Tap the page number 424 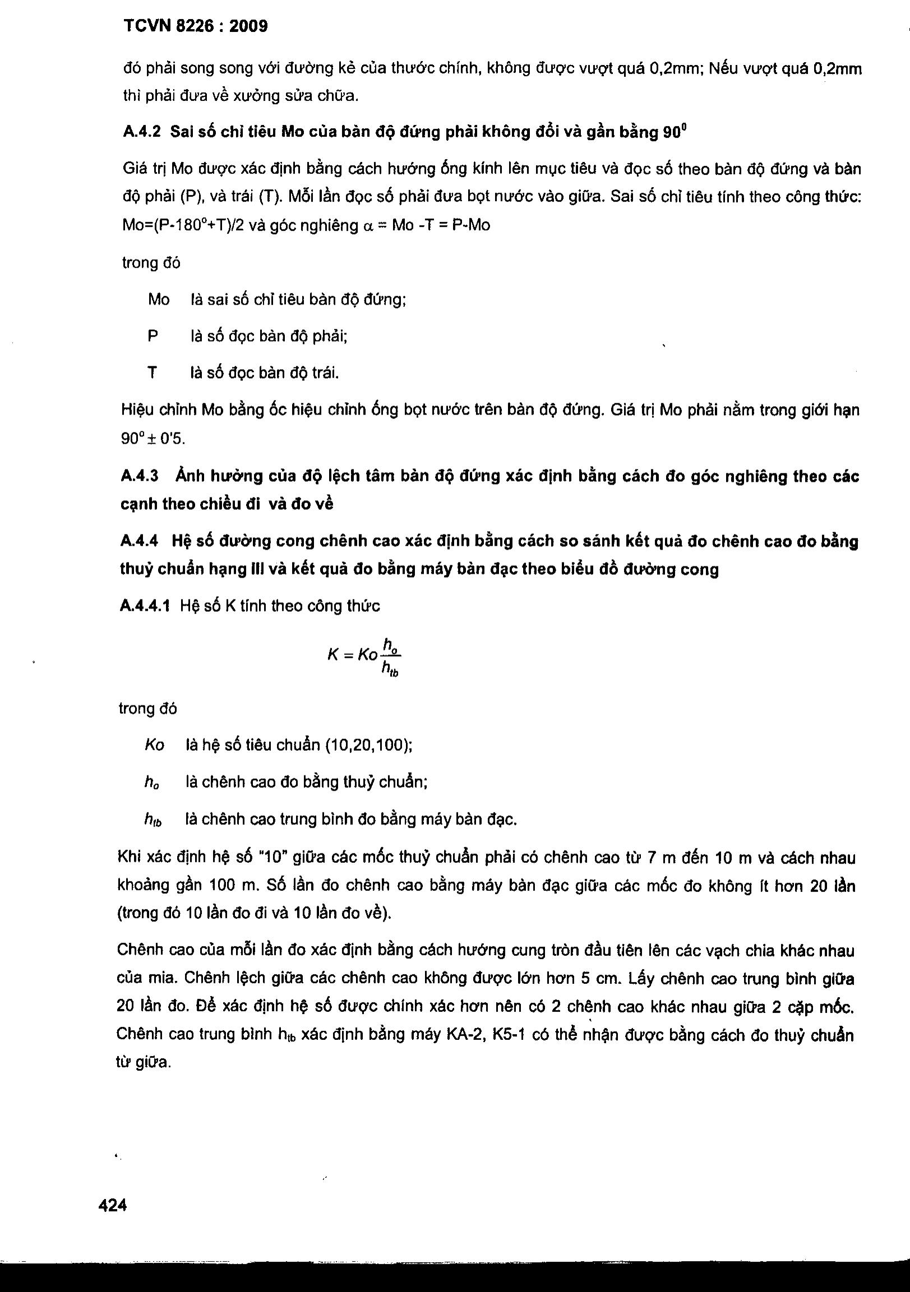pyautogui.click(x=113, y=1205)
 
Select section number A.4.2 pyautogui.click(x=141, y=132)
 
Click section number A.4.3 pyautogui.click(x=140, y=477)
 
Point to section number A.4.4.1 pyautogui.click(x=145, y=606)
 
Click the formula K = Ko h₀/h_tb pyautogui.click(x=364, y=656)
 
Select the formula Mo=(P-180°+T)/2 pyautogui.click(x=182, y=226)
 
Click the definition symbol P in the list pyautogui.click(x=153, y=337)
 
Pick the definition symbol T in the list pyautogui.click(x=152, y=373)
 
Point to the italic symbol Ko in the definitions pyautogui.click(x=154, y=745)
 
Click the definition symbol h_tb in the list pyautogui.click(x=153, y=821)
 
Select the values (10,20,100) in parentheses pyautogui.click(x=368, y=745)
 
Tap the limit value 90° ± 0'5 pyautogui.click(x=153, y=438)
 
